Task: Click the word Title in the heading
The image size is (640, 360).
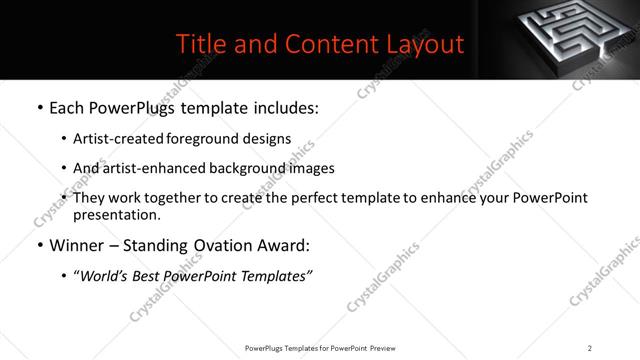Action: coord(199,44)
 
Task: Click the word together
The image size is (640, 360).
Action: coord(191,198)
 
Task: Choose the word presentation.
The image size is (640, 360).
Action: coord(116,215)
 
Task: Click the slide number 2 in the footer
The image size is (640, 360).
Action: coord(590,347)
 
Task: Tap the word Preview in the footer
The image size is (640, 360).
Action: coord(389,347)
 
